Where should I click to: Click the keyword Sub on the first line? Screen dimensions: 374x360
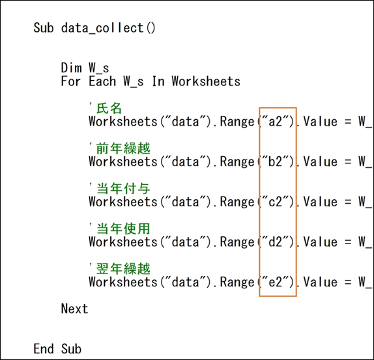point(44,27)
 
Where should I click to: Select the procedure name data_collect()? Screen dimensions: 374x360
point(108,29)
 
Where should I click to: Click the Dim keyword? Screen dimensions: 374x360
point(71,68)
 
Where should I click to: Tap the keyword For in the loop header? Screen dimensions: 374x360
point(71,81)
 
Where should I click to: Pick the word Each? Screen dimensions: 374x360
point(102,81)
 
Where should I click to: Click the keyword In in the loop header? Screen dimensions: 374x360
point(158,81)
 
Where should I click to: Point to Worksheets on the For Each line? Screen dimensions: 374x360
point(206,81)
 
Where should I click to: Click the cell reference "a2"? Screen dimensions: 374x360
point(276,122)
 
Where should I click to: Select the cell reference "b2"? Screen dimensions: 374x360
point(276,161)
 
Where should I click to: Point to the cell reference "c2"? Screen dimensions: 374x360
point(276,202)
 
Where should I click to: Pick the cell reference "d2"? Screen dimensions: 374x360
point(276,242)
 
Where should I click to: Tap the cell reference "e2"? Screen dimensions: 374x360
point(276,282)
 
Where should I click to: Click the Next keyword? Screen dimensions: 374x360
point(75,309)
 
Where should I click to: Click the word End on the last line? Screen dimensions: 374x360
point(44,349)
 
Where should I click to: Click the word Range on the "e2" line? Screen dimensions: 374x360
point(237,283)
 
